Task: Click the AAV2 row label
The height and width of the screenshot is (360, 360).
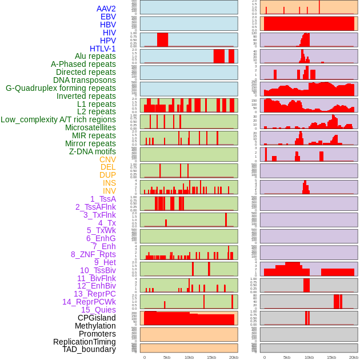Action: pos(106,9)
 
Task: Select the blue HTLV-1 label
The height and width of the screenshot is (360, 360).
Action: pos(102,49)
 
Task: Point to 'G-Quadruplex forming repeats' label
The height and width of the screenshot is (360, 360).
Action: pos(61,88)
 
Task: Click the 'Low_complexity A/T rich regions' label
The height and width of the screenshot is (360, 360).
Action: pos(58,119)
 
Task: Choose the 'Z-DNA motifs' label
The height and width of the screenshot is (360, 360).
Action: pos(92,151)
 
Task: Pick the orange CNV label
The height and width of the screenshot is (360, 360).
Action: pos(107,159)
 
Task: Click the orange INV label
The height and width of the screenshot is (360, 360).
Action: pos(109,191)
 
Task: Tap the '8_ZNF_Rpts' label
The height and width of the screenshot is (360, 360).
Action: pos(93,254)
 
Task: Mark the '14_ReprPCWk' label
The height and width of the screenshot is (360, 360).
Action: pos(89,302)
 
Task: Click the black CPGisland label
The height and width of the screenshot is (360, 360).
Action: pos(97,318)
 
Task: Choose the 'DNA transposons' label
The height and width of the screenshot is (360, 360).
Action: pos(84,80)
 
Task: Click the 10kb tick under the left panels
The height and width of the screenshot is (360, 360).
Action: pos(189,357)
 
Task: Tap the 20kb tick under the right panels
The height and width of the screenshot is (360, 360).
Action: pos(354,357)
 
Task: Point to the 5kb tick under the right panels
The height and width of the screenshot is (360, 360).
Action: pos(286,357)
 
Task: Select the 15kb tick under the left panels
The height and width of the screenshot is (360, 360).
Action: pos(211,357)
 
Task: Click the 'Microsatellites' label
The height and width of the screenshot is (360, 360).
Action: pos(90,127)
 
